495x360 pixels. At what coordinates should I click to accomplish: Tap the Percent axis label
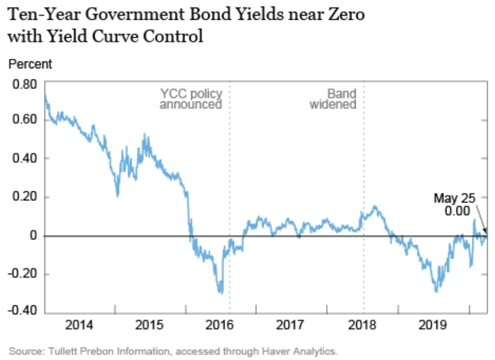[x=30, y=64]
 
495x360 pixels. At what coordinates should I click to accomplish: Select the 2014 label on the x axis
[x=79, y=326]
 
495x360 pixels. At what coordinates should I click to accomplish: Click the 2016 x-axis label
[x=221, y=326]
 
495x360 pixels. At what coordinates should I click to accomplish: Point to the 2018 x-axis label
[x=363, y=326]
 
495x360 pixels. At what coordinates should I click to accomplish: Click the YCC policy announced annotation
[x=191, y=99]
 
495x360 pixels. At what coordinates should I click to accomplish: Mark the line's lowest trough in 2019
[x=436, y=291]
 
